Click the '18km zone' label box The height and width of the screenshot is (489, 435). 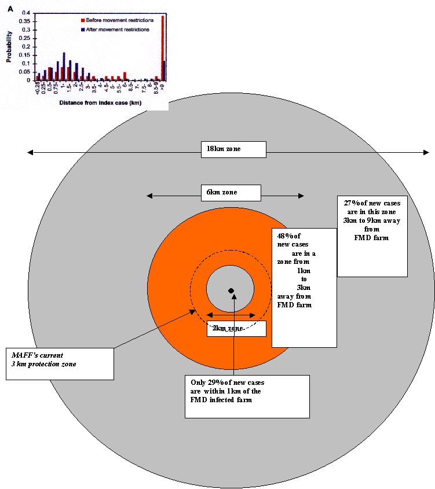[233, 149]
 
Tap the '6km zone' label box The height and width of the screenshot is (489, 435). [231, 193]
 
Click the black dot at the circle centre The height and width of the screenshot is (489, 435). [231, 290]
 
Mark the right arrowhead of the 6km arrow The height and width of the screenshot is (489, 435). [301, 196]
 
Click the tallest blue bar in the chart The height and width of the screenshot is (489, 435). [64, 66]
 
